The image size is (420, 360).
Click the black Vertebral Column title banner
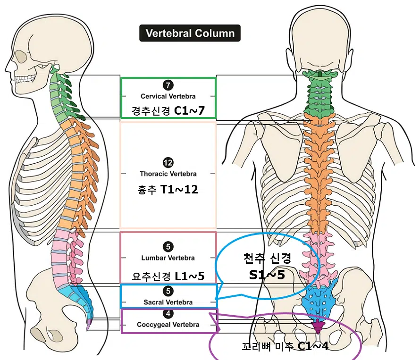pyautogui.click(x=190, y=33)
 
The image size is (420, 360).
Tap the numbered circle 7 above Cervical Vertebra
pyautogui.click(x=168, y=85)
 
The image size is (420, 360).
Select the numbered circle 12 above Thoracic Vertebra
pyautogui.click(x=168, y=163)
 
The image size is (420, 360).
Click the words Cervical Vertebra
pyautogui.click(x=168, y=96)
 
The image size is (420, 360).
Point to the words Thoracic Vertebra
pyautogui.click(x=168, y=174)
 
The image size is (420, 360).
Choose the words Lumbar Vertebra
pyautogui.click(x=168, y=258)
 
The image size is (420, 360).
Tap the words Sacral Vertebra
pyautogui.click(x=168, y=302)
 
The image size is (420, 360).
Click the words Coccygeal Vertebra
pyautogui.click(x=168, y=325)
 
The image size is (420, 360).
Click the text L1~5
pyautogui.click(x=189, y=276)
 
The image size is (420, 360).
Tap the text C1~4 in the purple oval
pyautogui.click(x=313, y=346)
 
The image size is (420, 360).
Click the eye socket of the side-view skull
pyautogui.click(x=21, y=56)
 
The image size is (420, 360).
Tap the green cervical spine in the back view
pyautogui.click(x=320, y=94)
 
